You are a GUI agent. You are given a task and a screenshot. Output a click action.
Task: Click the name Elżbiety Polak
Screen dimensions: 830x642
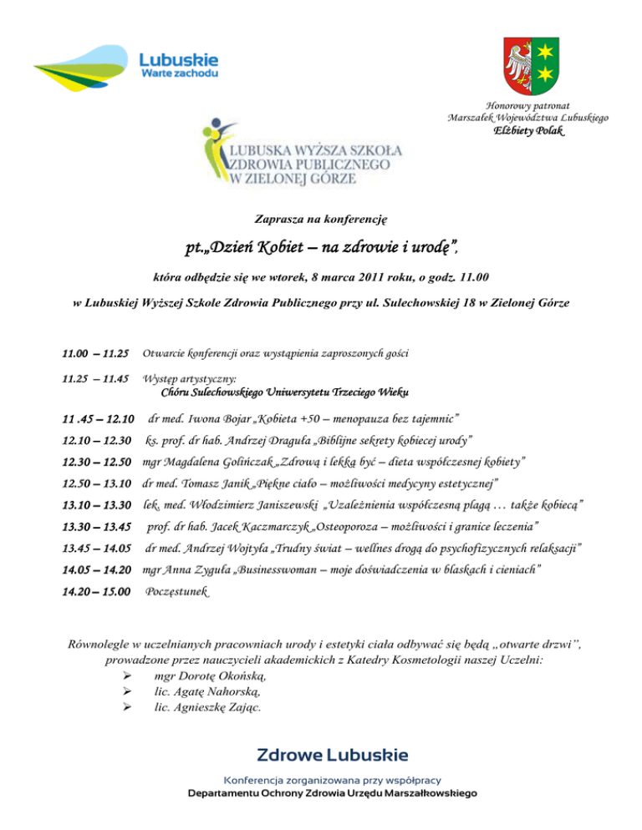coord(527,132)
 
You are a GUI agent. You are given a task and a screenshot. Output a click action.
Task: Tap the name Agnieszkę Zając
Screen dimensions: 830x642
coord(223,707)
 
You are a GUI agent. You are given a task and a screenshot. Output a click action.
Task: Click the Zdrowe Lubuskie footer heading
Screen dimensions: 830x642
coord(333,756)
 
